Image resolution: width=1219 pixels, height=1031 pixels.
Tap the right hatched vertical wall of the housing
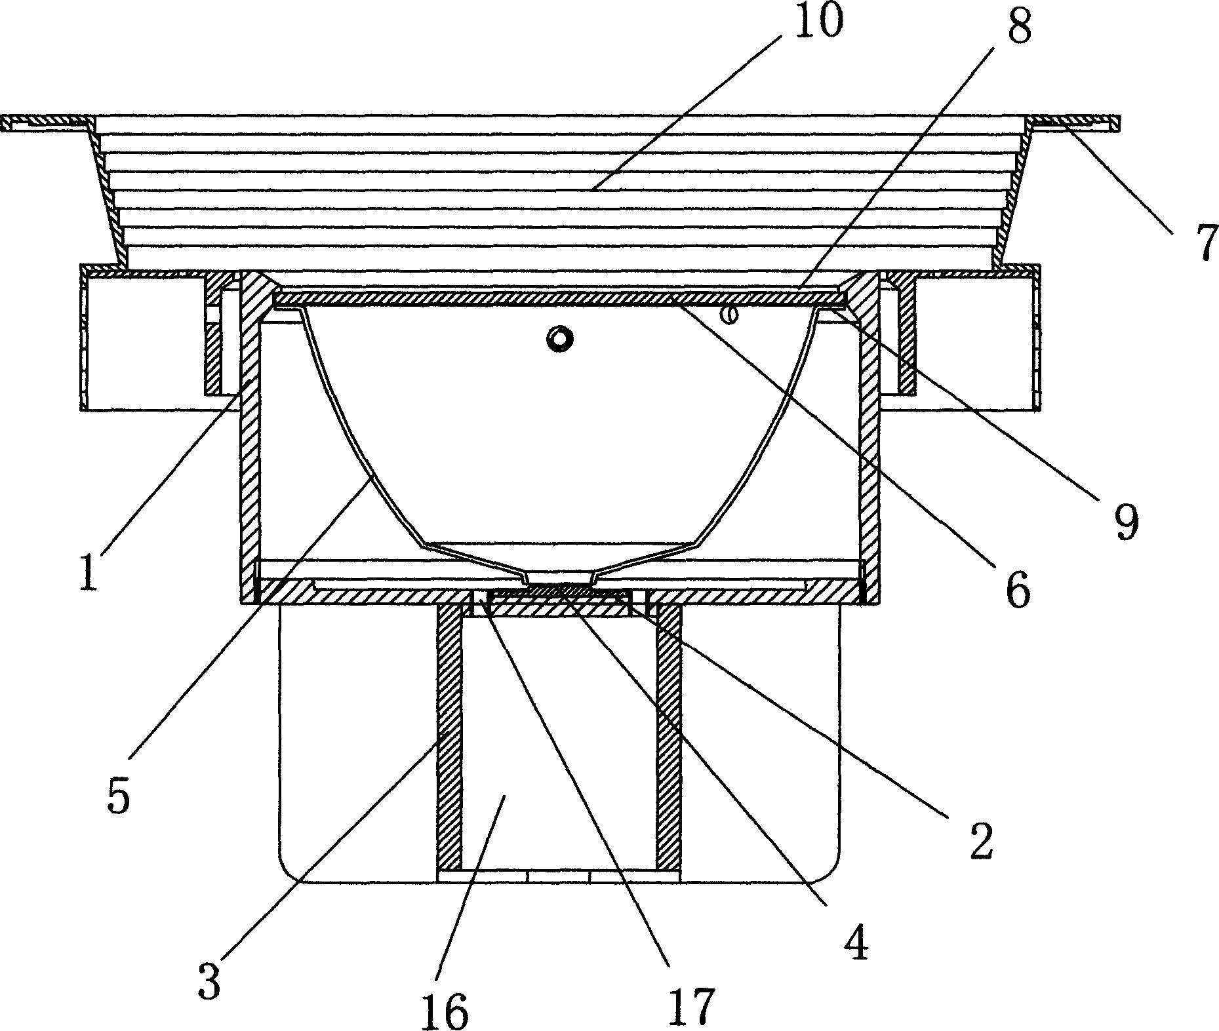[869, 446]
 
